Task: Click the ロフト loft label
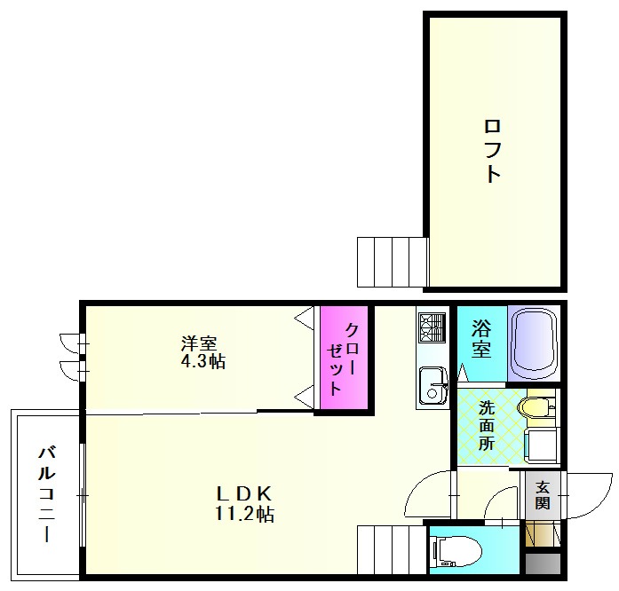tap(492, 151)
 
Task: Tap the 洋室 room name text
tap(199, 343)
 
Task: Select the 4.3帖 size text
tap(202, 361)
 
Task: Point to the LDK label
tap(244, 493)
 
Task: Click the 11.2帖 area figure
tap(244, 514)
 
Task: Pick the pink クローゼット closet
tap(345, 358)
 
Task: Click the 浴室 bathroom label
tap(481, 338)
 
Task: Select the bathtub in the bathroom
tap(534, 343)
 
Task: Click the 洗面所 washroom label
tap(487, 426)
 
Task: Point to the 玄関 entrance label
tap(543, 495)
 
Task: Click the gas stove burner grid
tap(433, 327)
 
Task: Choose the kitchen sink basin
tap(433, 386)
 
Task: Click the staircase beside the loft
tap(393, 262)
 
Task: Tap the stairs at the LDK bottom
tap(392, 549)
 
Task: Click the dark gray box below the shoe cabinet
tap(544, 563)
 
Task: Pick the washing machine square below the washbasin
tap(543, 445)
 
